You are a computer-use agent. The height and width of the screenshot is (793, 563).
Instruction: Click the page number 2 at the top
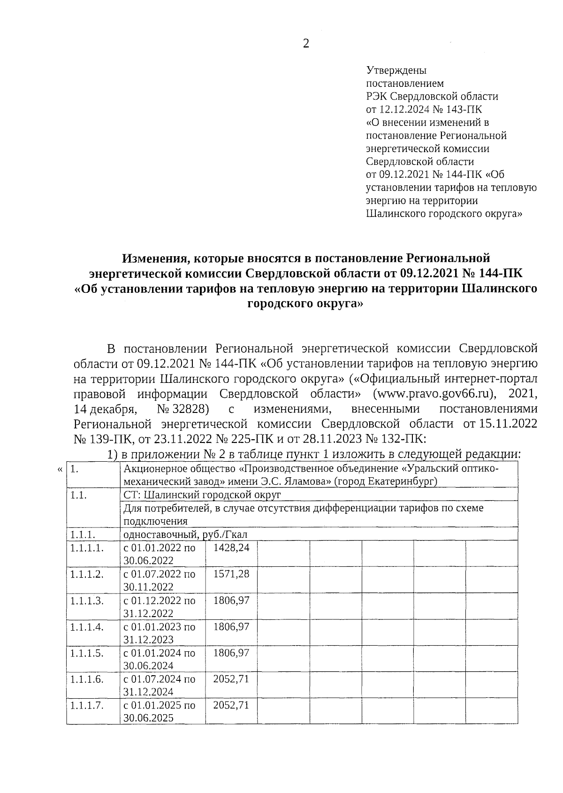coord(306,44)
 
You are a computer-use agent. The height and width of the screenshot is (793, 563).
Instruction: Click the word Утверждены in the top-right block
coord(396,71)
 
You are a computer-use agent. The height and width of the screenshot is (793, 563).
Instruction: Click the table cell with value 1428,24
coord(231,548)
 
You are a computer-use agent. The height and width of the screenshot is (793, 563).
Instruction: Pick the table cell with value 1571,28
coord(231,574)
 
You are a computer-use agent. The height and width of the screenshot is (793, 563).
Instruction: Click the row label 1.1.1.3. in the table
coord(86,600)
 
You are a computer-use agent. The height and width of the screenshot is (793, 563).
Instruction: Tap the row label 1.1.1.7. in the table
coord(86,705)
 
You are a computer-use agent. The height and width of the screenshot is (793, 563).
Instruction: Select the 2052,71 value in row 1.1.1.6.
coord(231,679)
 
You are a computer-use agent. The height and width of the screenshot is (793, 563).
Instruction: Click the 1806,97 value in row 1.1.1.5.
coord(231,653)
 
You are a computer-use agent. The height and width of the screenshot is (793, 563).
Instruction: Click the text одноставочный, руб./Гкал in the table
coord(185,534)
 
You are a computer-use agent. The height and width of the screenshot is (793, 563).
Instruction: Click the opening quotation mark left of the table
coord(59,469)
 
